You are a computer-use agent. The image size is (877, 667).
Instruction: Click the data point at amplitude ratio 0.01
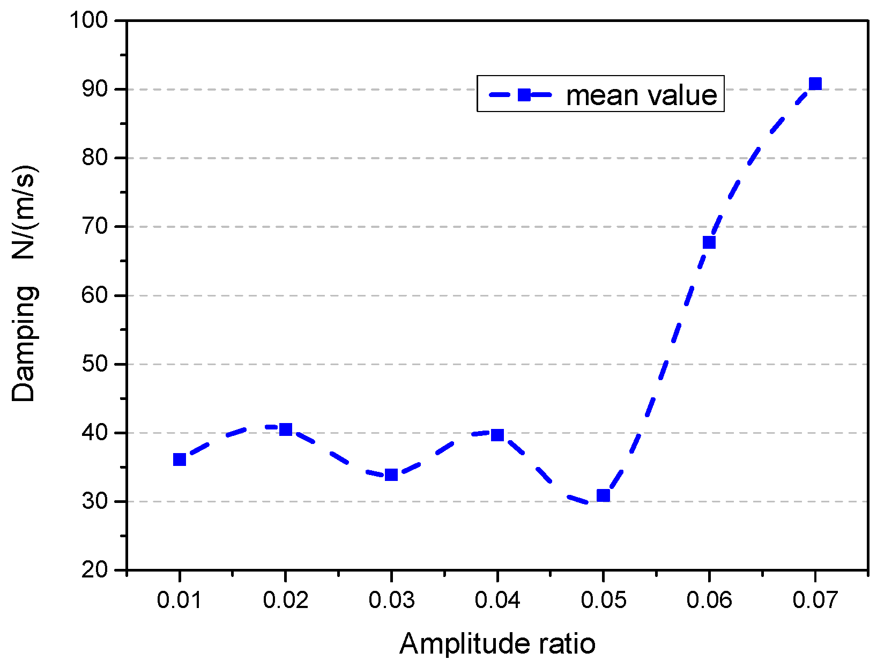click(x=180, y=460)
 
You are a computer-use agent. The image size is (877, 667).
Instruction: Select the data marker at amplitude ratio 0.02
click(x=286, y=429)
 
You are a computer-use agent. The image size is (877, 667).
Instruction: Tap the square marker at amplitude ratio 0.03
click(x=391, y=475)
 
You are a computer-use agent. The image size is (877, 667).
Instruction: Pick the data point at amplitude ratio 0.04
click(x=497, y=435)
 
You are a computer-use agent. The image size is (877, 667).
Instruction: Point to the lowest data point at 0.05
click(x=603, y=495)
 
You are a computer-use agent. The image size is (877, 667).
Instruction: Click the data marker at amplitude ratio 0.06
click(x=709, y=242)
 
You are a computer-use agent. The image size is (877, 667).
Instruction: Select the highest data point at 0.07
click(x=815, y=84)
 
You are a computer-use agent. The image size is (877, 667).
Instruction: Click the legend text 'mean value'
click(x=641, y=95)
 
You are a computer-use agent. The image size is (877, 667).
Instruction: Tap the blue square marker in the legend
click(x=524, y=95)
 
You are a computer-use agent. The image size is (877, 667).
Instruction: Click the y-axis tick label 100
click(x=88, y=20)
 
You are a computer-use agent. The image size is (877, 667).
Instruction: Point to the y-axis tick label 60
click(x=94, y=295)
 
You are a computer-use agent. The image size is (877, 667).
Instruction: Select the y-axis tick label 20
click(x=94, y=570)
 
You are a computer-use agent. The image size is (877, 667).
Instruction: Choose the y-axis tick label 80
click(x=94, y=158)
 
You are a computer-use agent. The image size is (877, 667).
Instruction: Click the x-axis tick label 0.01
click(x=180, y=599)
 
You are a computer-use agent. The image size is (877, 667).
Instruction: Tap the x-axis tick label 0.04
click(x=497, y=599)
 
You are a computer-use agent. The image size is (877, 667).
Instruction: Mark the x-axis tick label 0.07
click(x=815, y=599)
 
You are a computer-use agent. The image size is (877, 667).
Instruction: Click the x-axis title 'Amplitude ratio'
click(x=497, y=643)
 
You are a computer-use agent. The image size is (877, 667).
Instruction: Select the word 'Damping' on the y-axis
click(x=24, y=344)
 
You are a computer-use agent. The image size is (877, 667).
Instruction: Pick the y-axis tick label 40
click(x=94, y=433)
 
